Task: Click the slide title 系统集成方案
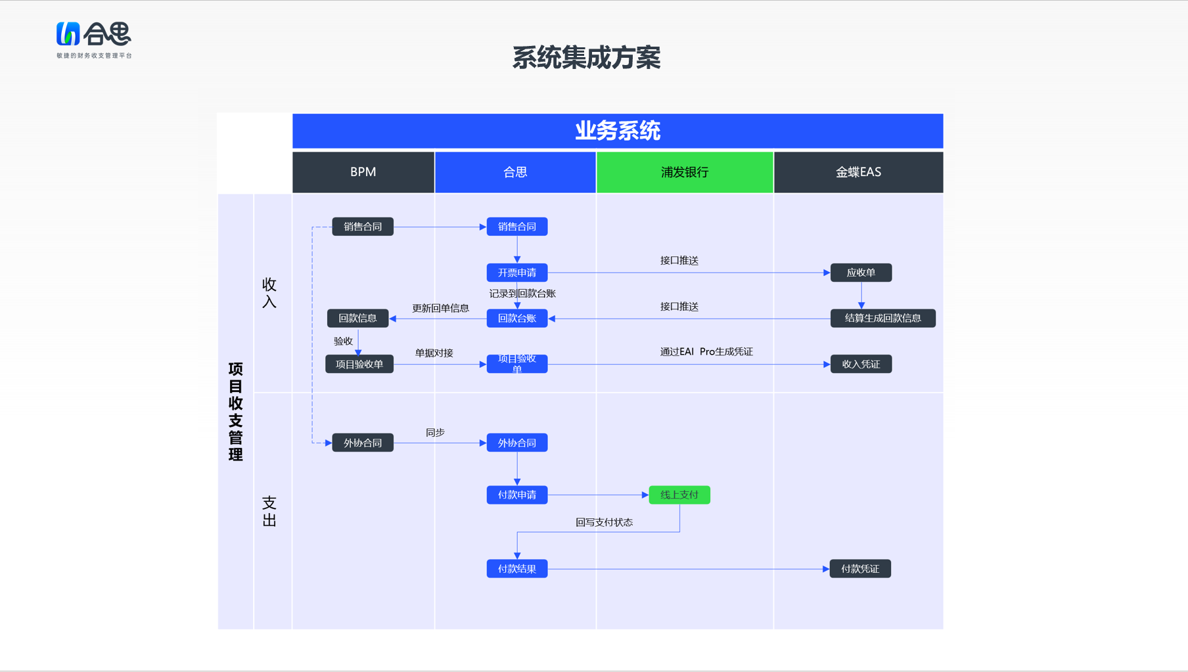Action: (586, 58)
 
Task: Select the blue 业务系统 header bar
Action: (618, 131)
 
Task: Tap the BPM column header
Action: (363, 172)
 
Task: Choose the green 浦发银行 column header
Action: (685, 172)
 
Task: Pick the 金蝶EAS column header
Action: (859, 172)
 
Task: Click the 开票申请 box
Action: (517, 273)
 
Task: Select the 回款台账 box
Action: (517, 319)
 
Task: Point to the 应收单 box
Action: (861, 273)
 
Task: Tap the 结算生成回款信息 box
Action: (883, 319)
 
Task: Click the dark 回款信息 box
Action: (358, 319)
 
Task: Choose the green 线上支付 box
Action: (679, 495)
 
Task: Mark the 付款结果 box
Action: (517, 569)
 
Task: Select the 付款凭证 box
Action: (860, 569)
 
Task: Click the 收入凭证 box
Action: (861, 364)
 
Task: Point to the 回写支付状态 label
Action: (605, 522)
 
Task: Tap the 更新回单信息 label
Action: (441, 308)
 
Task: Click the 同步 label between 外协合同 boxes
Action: (435, 432)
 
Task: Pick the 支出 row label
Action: (269, 512)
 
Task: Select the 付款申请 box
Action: (517, 495)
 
